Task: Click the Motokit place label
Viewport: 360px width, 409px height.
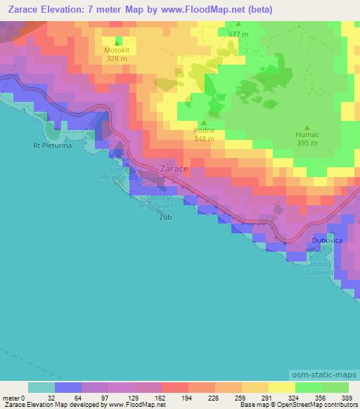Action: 117,50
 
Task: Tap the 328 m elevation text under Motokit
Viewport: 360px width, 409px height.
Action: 117,58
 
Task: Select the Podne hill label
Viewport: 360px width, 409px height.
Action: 204,130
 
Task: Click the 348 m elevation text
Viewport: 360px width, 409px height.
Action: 204,138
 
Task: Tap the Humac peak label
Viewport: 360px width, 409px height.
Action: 307,135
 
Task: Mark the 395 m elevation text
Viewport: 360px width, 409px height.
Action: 307,143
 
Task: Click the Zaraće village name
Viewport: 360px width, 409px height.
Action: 173,169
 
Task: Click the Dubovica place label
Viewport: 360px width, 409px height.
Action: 327,240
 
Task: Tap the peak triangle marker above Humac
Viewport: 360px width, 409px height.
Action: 307,126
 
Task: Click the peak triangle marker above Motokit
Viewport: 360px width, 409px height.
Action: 117,41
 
